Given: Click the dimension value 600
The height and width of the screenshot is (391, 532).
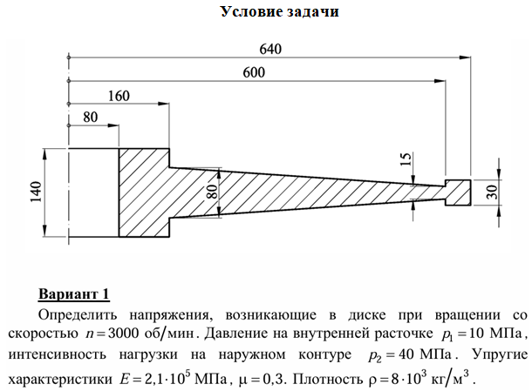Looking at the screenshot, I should tap(254, 73).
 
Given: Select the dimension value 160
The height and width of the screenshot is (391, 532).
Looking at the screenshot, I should tap(119, 97).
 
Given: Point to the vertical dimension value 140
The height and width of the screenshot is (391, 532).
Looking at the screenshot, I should tap(35, 193).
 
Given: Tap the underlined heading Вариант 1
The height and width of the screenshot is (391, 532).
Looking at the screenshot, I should tap(74, 292).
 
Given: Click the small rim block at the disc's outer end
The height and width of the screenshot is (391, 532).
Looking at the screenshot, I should tap(457, 192).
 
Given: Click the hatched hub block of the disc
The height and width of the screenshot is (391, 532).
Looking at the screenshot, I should tap(144, 192).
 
